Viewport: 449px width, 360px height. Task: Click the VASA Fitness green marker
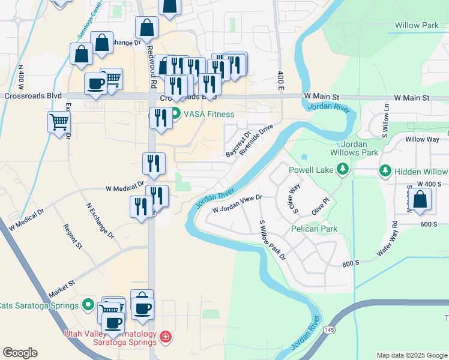pos(175,113)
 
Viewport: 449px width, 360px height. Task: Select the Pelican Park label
pos(314,229)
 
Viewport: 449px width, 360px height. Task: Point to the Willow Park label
pos(416,26)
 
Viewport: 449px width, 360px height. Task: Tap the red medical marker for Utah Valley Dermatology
pos(166,339)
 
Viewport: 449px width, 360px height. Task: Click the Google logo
pos(20,353)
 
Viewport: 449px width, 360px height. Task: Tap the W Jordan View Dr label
pos(238,203)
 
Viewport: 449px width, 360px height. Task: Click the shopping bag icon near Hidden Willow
pos(421,200)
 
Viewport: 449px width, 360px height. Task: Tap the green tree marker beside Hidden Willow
pos(385,171)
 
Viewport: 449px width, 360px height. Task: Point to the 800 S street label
pos(351,263)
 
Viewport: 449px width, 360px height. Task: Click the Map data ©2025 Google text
pos(411,355)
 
